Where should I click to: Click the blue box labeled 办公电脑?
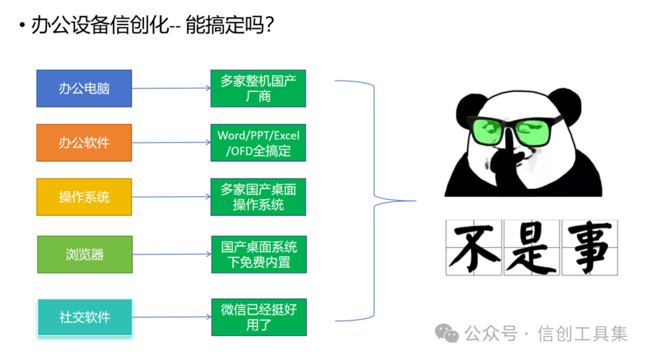[84, 88]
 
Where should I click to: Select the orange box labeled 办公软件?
[84, 142]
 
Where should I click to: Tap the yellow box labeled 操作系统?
[84, 197]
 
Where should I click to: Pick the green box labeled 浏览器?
[85, 254]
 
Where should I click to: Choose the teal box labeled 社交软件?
[85, 317]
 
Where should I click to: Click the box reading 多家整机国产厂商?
[258, 88]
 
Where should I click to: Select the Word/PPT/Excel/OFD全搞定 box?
[258, 143]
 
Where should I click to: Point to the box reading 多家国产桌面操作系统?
[258, 197]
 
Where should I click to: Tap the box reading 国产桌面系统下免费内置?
[258, 254]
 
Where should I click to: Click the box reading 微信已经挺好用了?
[258, 317]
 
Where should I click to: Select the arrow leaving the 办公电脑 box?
[171, 88]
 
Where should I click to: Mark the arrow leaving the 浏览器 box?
[171, 254]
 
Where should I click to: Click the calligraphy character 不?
[474, 248]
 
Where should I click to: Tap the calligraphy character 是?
[531, 248]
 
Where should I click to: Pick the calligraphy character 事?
[589, 248]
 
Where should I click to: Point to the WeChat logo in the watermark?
[447, 332]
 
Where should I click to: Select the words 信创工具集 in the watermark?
[582, 333]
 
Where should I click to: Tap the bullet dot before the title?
[22, 26]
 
